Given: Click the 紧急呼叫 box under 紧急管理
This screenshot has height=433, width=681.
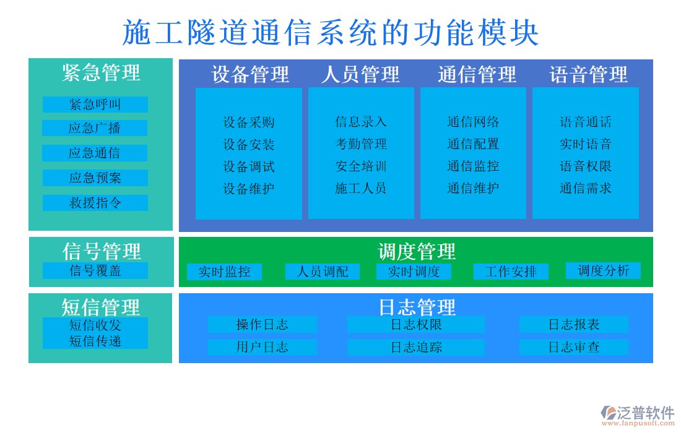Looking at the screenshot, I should pyautogui.click(x=95, y=105).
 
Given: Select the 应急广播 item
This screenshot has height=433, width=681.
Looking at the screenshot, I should pyautogui.click(x=95, y=128).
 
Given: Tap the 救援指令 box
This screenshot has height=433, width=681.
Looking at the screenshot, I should pyautogui.click(x=95, y=203).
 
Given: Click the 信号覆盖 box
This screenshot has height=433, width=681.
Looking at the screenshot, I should pyautogui.click(x=95, y=270).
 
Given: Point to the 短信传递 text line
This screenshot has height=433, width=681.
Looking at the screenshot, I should pyautogui.click(x=95, y=341).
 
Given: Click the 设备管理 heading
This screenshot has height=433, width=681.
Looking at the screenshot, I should pyautogui.click(x=250, y=74).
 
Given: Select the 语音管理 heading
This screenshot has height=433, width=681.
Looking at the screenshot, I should pyautogui.click(x=588, y=74).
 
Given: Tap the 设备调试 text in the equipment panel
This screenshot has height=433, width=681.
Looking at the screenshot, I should pyautogui.click(x=249, y=166).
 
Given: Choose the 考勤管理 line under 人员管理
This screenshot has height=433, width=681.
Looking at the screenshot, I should pyautogui.click(x=361, y=144).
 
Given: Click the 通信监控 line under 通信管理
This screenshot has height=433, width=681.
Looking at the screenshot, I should pyautogui.click(x=473, y=166).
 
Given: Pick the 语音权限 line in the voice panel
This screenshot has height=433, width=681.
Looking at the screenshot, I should pyautogui.click(x=586, y=166).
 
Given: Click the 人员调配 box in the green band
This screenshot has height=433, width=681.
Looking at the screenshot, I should pyautogui.click(x=323, y=272).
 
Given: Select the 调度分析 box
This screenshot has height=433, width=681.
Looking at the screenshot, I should pyautogui.click(x=603, y=270).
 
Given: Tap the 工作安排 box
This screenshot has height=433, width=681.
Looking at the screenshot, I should pyautogui.click(x=511, y=272).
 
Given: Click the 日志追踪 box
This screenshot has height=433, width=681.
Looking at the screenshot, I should pyautogui.click(x=416, y=347).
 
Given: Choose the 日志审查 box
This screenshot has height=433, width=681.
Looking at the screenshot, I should pyautogui.click(x=574, y=347).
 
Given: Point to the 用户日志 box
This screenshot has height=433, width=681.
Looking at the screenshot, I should pyautogui.click(x=262, y=347).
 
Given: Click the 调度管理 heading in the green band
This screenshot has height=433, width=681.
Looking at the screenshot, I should pyautogui.click(x=416, y=251).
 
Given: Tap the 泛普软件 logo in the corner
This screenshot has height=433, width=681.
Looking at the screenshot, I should pyautogui.click(x=638, y=414).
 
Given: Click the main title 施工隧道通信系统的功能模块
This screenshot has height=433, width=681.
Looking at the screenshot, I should pyautogui.click(x=331, y=33).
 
